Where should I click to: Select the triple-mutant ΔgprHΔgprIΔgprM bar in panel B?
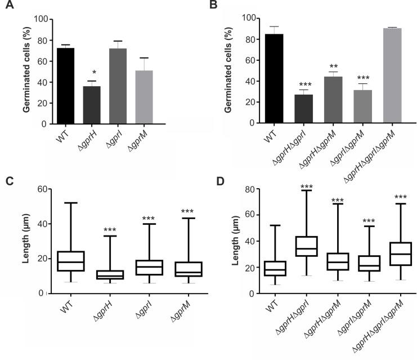(392, 75)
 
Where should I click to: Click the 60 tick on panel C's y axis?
(42, 189)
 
